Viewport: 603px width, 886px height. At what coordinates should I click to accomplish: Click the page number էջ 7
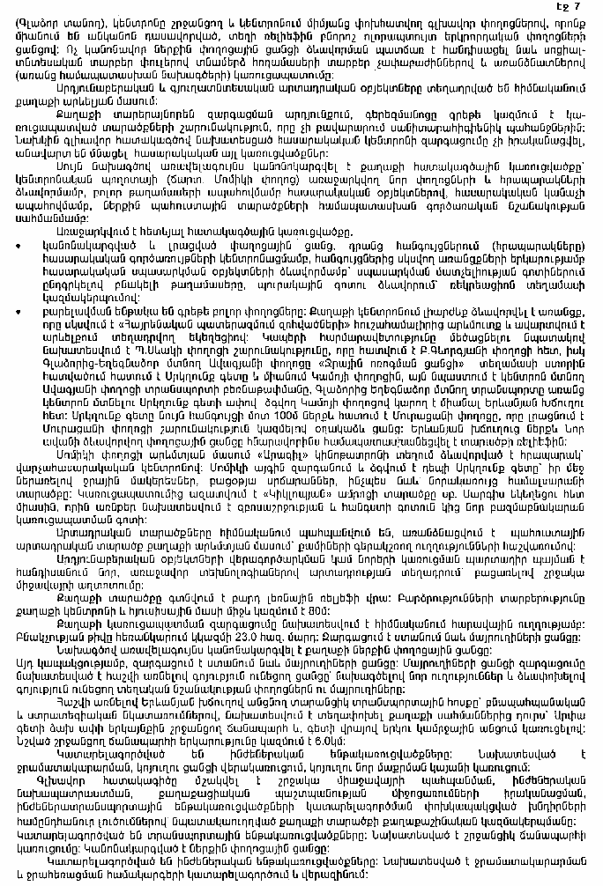[581, 8]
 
